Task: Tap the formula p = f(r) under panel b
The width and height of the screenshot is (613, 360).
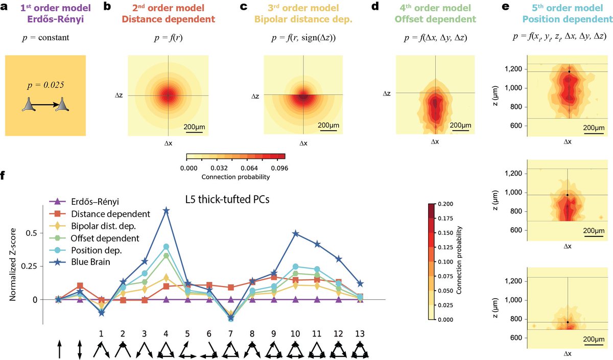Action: [x=169, y=36]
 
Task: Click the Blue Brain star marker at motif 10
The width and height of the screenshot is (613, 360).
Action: [x=296, y=234]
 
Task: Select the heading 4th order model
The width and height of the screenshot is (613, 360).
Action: [x=435, y=8]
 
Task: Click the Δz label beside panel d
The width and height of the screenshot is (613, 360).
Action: [x=387, y=93]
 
